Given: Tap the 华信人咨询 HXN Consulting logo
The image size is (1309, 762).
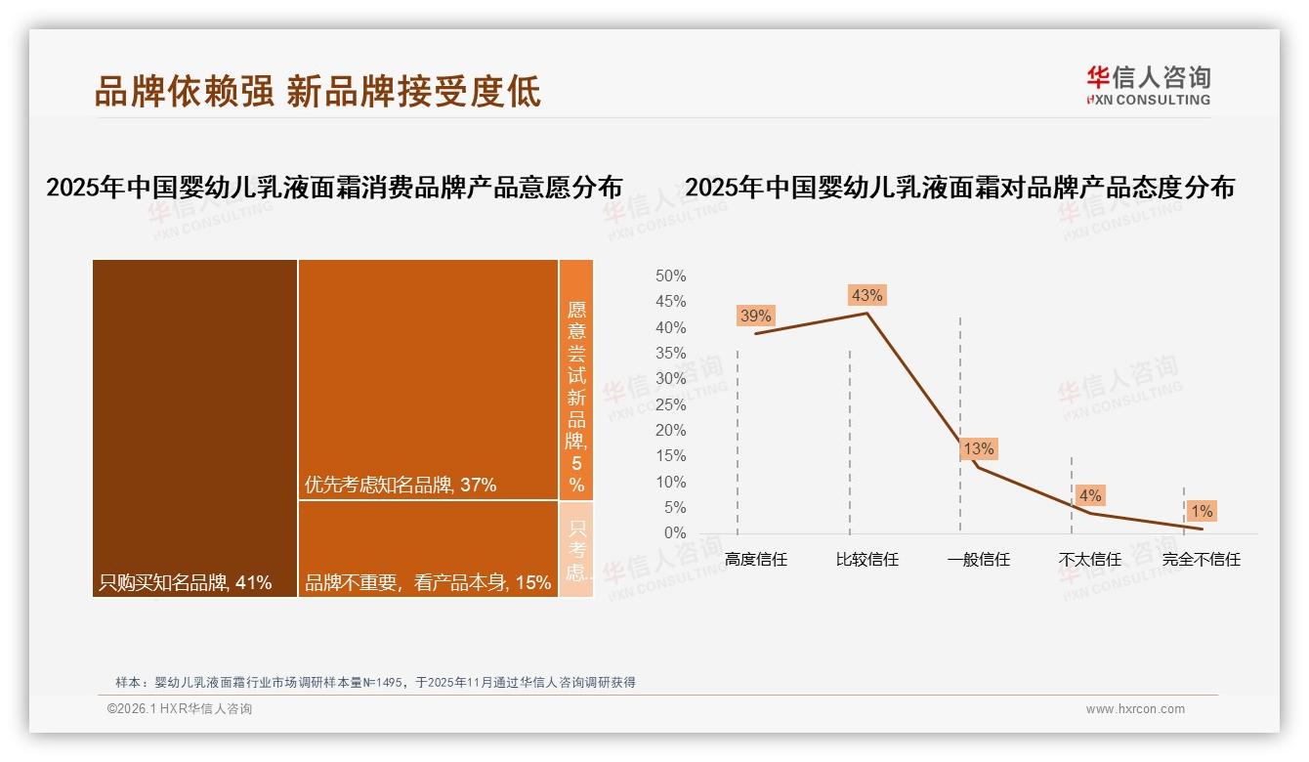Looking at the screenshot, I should coord(1149,85).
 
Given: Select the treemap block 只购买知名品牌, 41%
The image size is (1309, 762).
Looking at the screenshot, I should coord(194,428).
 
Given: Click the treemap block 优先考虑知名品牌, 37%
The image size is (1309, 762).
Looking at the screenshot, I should coord(428,379).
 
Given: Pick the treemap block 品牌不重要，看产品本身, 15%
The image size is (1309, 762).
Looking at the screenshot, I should coord(428,548).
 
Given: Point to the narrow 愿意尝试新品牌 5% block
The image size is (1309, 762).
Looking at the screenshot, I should coord(576,379).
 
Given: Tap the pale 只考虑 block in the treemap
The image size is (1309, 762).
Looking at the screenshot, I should coord(576,548).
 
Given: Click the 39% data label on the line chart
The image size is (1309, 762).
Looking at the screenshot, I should coord(755,316).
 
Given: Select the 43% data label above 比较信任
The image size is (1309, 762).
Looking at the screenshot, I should coord(866,295).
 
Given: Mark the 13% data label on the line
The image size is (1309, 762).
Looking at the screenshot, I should coord(978,448).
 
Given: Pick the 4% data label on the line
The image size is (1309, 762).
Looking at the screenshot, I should coord(1089,495).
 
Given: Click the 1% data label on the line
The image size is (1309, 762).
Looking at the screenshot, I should coord(1201,511).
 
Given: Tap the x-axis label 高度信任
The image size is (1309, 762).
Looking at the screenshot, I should coord(755,560).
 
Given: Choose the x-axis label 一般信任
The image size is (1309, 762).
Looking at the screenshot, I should coord(978,560).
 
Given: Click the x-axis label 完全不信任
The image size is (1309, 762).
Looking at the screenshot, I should coord(1201,560).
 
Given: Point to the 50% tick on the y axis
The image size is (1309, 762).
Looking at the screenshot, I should coord(670,276).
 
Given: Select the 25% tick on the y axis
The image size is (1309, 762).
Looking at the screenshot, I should coord(670,404).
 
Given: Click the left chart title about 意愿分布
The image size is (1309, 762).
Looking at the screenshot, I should coord(334,188).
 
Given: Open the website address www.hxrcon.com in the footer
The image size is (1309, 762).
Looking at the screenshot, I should coord(1135,709).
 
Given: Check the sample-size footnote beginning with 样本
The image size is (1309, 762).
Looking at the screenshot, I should coord(375,682).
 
